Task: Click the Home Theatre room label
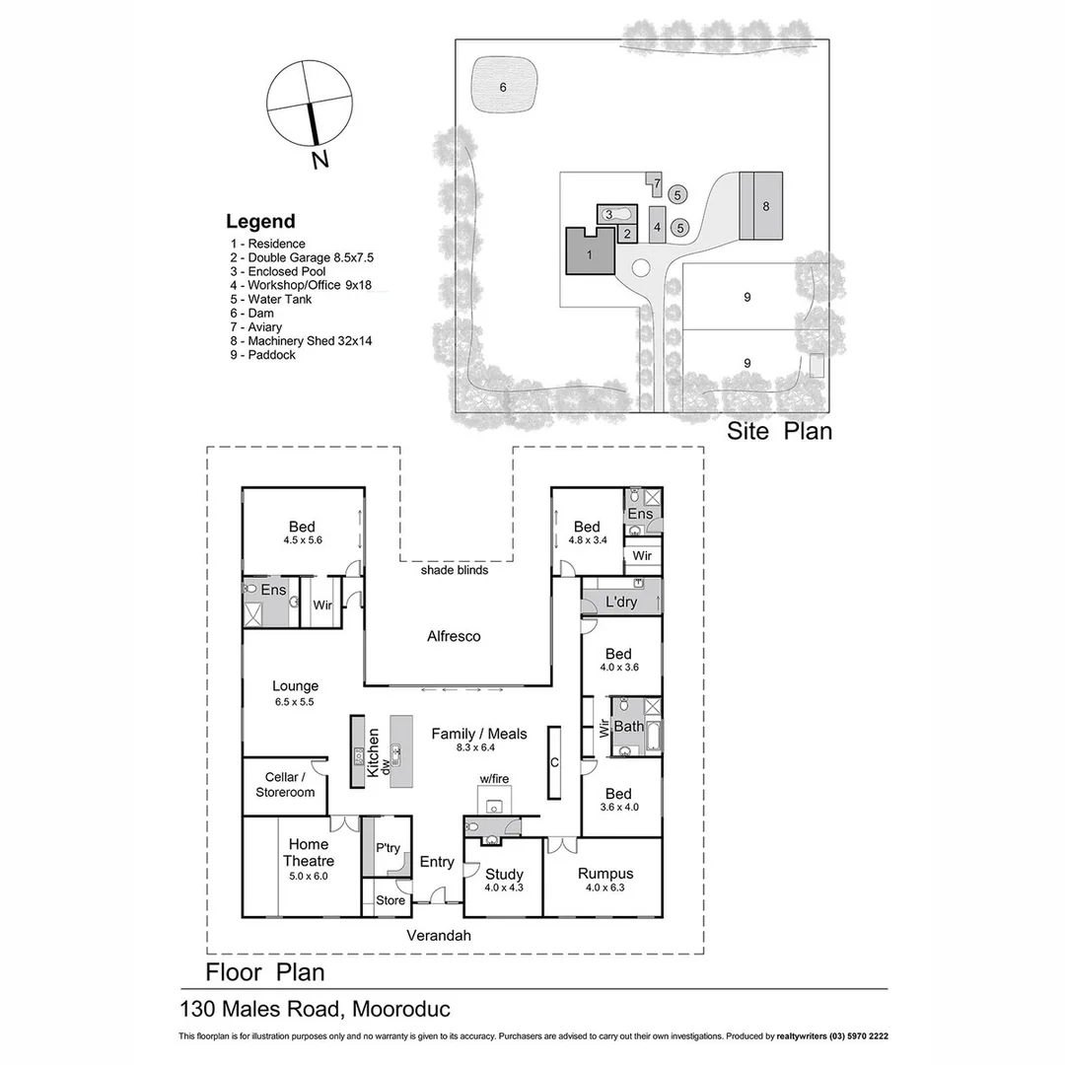[x=309, y=852]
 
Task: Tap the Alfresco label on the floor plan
[x=454, y=637]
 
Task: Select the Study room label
[x=504, y=875]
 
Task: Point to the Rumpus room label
[x=604, y=874]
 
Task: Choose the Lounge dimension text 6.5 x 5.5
[x=295, y=702]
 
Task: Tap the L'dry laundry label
[x=620, y=603]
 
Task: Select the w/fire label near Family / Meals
[x=494, y=779]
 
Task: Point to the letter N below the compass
[x=319, y=161]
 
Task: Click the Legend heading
[x=260, y=222]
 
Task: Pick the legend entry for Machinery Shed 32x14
[x=301, y=341]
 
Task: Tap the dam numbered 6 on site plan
[x=503, y=87]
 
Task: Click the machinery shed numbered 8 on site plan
[x=764, y=206]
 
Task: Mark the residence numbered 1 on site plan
[x=589, y=253]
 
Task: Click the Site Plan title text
[x=779, y=431]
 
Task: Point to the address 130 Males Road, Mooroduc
[x=315, y=1010]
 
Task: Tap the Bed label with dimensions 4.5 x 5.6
[x=302, y=533]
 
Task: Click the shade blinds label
[x=454, y=570]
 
